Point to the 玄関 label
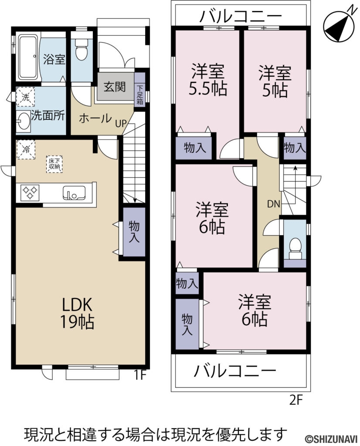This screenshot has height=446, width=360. [114, 86]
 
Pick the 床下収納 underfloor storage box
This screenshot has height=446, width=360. [54, 165]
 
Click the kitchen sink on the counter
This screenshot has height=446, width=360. [74, 192]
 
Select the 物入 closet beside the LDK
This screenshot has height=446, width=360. [134, 232]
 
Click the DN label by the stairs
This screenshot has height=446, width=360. [273, 204]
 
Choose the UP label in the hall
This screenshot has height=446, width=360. [121, 123]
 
